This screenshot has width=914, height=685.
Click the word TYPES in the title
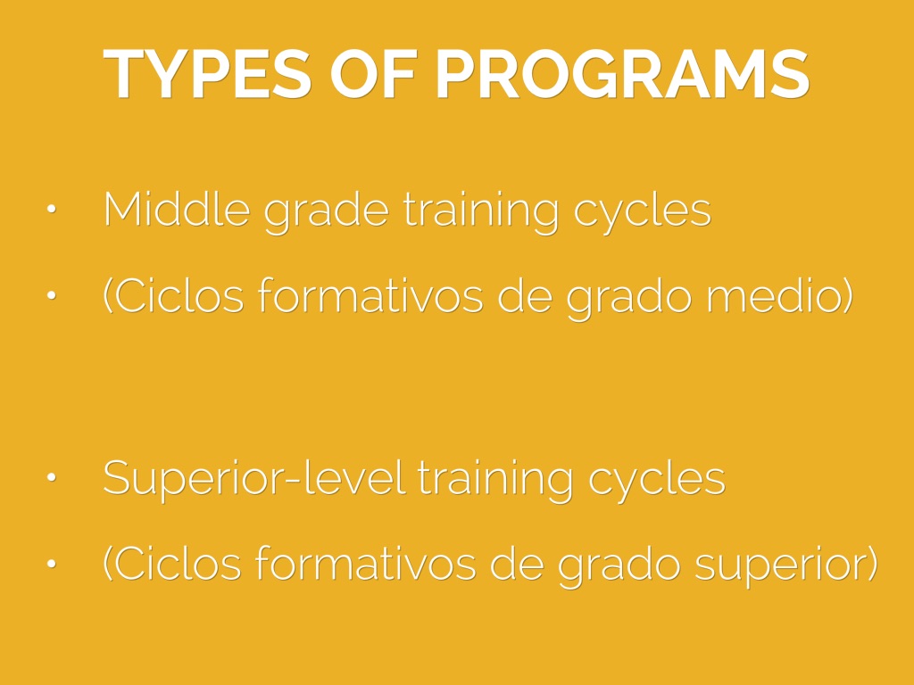pyautogui.click(x=207, y=75)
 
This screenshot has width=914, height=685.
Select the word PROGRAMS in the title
pyautogui.click(x=622, y=75)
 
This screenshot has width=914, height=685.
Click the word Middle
pyautogui.click(x=177, y=209)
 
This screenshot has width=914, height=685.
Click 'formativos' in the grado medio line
pyautogui.click(x=370, y=295)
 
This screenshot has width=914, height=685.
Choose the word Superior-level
pyautogui.click(x=253, y=479)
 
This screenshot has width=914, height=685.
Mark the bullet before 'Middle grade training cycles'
pyautogui.click(x=51, y=209)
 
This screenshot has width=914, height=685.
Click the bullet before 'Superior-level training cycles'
pyautogui.click(x=51, y=477)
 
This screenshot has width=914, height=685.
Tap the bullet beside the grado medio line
pyautogui.click(x=51, y=295)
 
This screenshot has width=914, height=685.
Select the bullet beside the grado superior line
pyautogui.click(x=51, y=564)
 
